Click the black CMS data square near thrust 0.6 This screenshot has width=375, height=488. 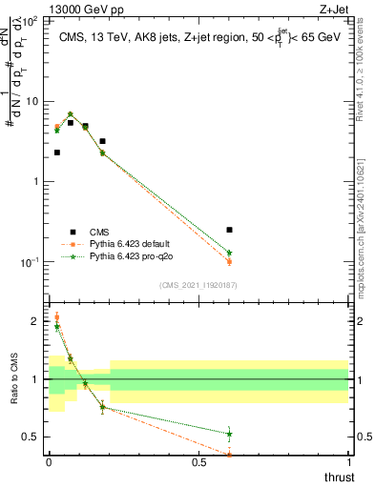coord(229,230)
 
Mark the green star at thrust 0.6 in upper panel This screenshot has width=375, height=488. coord(229,253)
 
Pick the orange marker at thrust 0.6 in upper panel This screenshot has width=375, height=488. coord(229,262)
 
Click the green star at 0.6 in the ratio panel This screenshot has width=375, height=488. coord(229,434)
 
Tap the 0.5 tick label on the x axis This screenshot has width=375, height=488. coord(198,462)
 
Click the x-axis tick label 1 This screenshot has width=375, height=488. coord(348,462)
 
